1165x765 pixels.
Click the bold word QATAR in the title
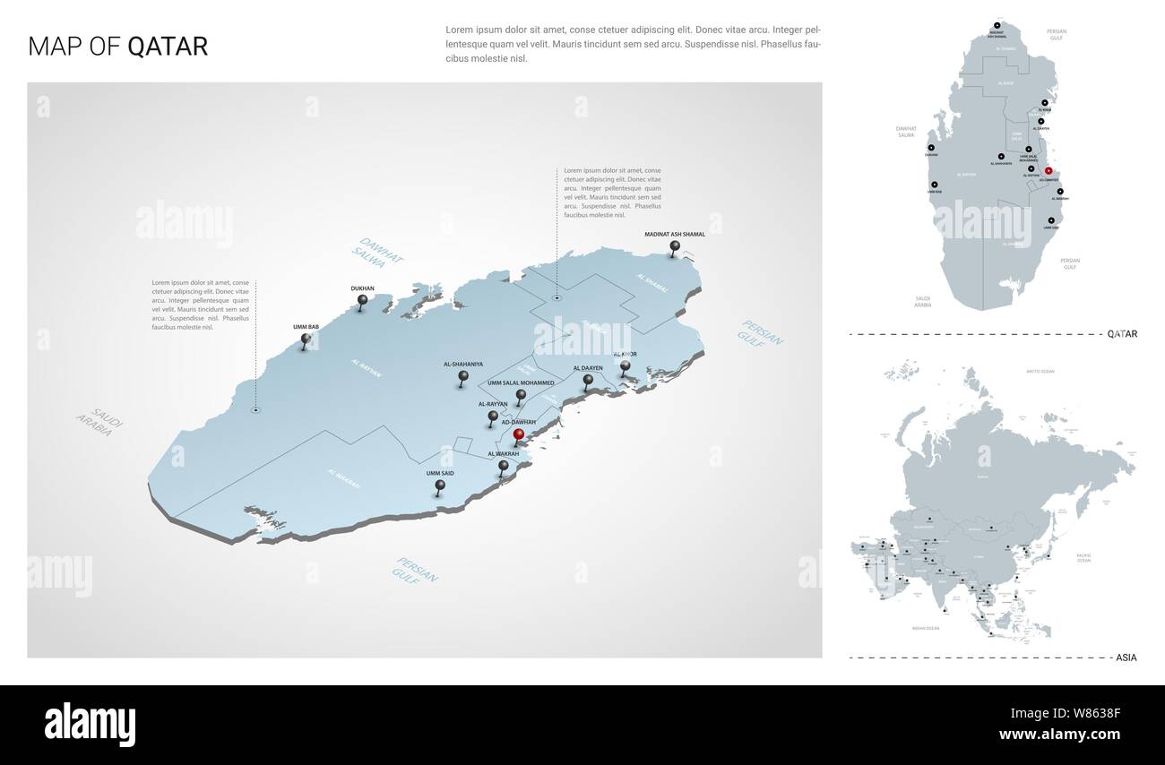point(168,47)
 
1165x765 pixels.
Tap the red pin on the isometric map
point(518,435)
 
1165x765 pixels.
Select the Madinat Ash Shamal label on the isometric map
point(675,234)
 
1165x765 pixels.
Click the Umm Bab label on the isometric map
point(306,327)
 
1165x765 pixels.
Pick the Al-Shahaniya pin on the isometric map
point(463,378)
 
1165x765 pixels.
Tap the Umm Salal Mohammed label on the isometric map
point(521,382)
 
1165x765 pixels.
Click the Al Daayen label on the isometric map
point(588,367)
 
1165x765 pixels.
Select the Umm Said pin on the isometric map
point(440,486)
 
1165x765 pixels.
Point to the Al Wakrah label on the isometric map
point(503,455)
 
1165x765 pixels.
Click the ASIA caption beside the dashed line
point(1126,658)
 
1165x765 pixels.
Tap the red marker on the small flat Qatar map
point(1048,170)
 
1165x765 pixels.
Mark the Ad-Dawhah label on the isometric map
point(519,421)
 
